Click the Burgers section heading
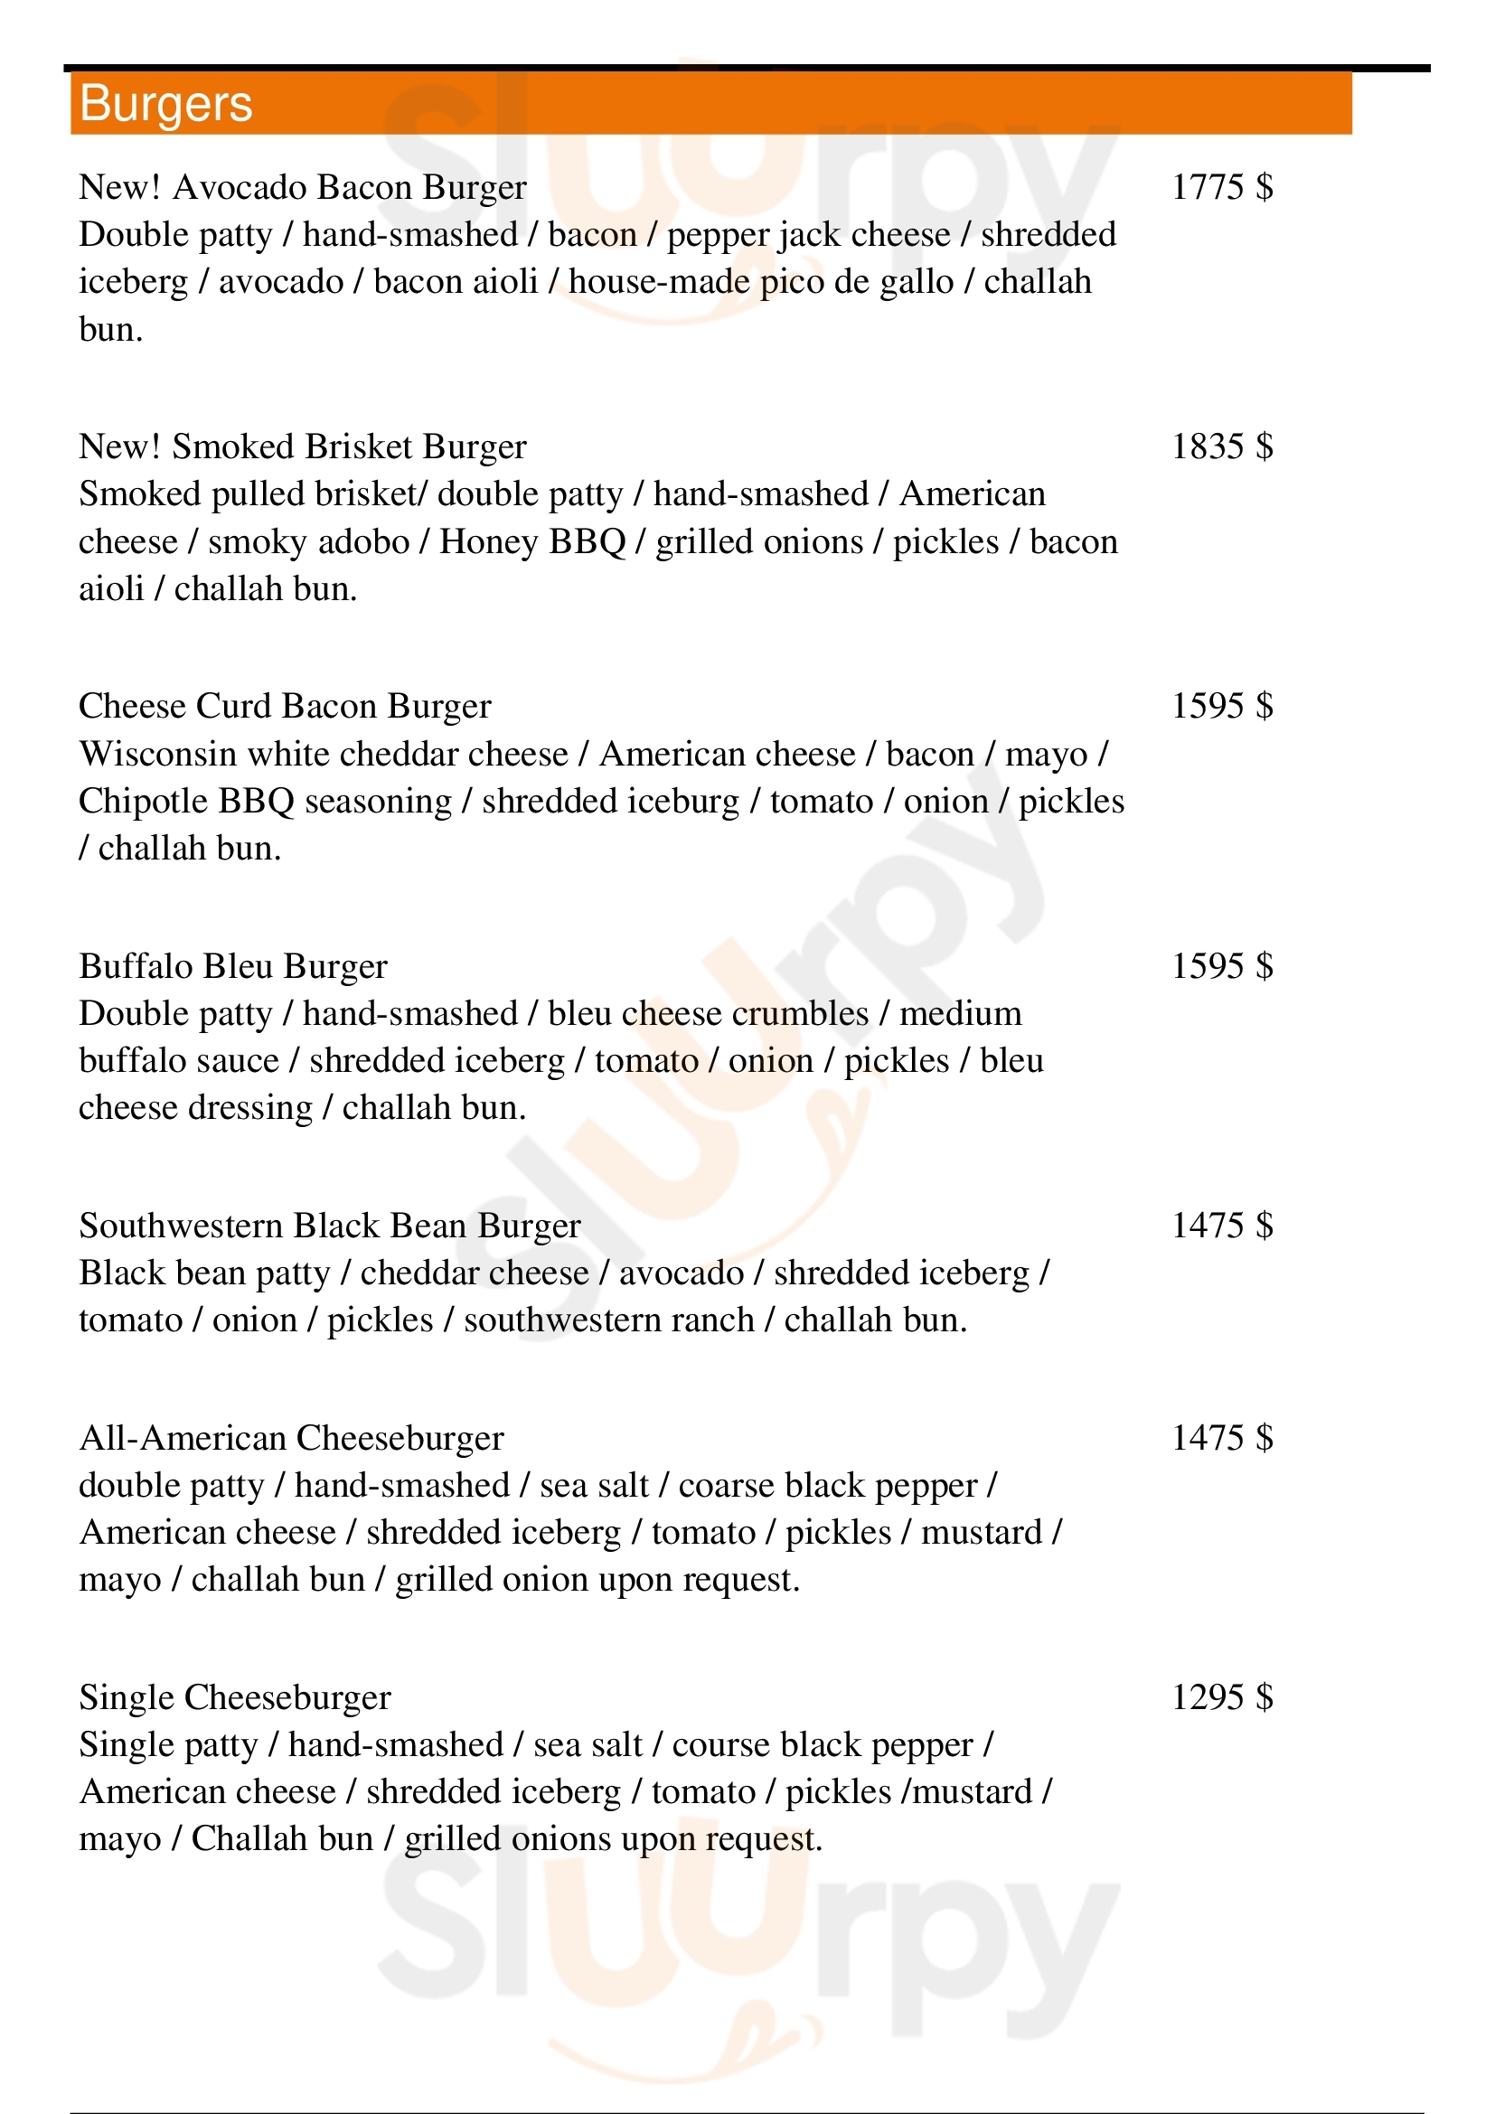pyautogui.click(x=165, y=103)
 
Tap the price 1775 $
pyautogui.click(x=1222, y=188)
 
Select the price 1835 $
pyautogui.click(x=1222, y=447)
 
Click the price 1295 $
pyautogui.click(x=1222, y=1698)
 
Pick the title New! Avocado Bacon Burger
pyautogui.click(x=302, y=188)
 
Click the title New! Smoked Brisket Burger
pyautogui.click(x=302, y=447)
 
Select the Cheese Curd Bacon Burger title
pyautogui.click(x=285, y=707)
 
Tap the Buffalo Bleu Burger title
pyautogui.click(x=233, y=967)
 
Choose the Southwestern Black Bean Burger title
pyautogui.click(x=330, y=1226)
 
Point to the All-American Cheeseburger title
pyautogui.click(x=291, y=1438)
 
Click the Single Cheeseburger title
pyautogui.click(x=235, y=1698)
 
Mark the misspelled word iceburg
pyautogui.click(x=682, y=802)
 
